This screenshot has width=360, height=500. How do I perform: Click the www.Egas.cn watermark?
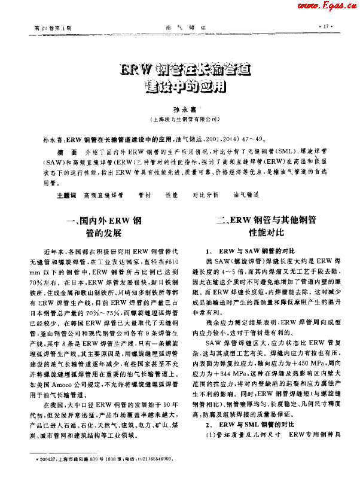point(328,6)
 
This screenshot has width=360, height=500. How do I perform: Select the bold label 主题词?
point(65,195)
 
